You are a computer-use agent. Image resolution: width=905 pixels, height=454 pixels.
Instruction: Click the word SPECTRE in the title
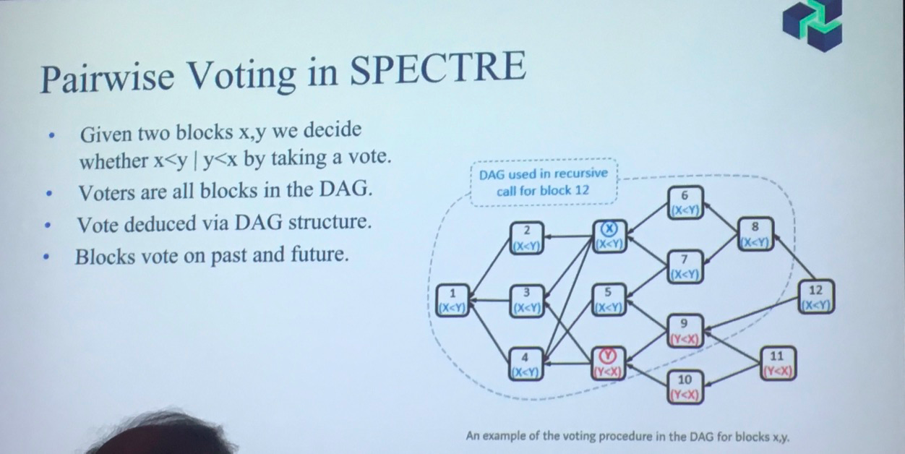(438, 68)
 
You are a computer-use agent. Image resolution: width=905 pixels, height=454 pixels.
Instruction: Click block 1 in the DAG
(453, 300)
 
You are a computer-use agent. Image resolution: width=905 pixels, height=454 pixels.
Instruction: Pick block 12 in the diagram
(816, 297)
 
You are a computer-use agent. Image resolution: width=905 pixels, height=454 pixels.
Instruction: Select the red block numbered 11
(777, 363)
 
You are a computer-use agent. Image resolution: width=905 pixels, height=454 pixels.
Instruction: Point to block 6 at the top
(685, 202)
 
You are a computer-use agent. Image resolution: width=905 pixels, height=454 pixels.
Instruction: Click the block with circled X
(609, 236)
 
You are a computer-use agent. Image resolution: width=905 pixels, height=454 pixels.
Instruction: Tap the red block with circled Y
(608, 364)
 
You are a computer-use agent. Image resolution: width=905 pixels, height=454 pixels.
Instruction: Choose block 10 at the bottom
(685, 387)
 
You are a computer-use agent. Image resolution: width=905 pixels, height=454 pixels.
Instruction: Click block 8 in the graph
(755, 234)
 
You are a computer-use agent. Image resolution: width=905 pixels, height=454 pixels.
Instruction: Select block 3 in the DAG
(527, 301)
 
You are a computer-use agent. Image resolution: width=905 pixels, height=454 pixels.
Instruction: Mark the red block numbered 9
(685, 330)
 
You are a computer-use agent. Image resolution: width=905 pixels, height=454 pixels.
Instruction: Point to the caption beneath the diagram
(627, 436)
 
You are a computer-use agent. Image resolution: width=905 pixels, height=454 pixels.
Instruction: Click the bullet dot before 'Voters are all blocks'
(49, 194)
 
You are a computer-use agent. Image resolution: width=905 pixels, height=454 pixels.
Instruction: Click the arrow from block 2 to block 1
(490, 269)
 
